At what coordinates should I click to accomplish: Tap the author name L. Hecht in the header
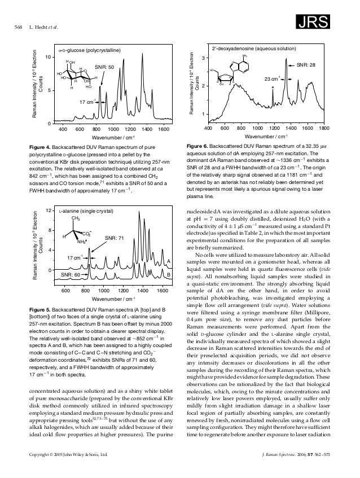click(x=42, y=28)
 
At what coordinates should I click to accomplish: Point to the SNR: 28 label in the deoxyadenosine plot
click(x=305, y=65)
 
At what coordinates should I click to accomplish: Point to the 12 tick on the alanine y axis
click(x=49, y=211)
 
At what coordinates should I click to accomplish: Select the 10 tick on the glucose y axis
click(x=49, y=58)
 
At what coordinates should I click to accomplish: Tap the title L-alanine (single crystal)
click(x=89, y=211)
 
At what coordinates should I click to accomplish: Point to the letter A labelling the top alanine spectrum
click(x=169, y=261)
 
